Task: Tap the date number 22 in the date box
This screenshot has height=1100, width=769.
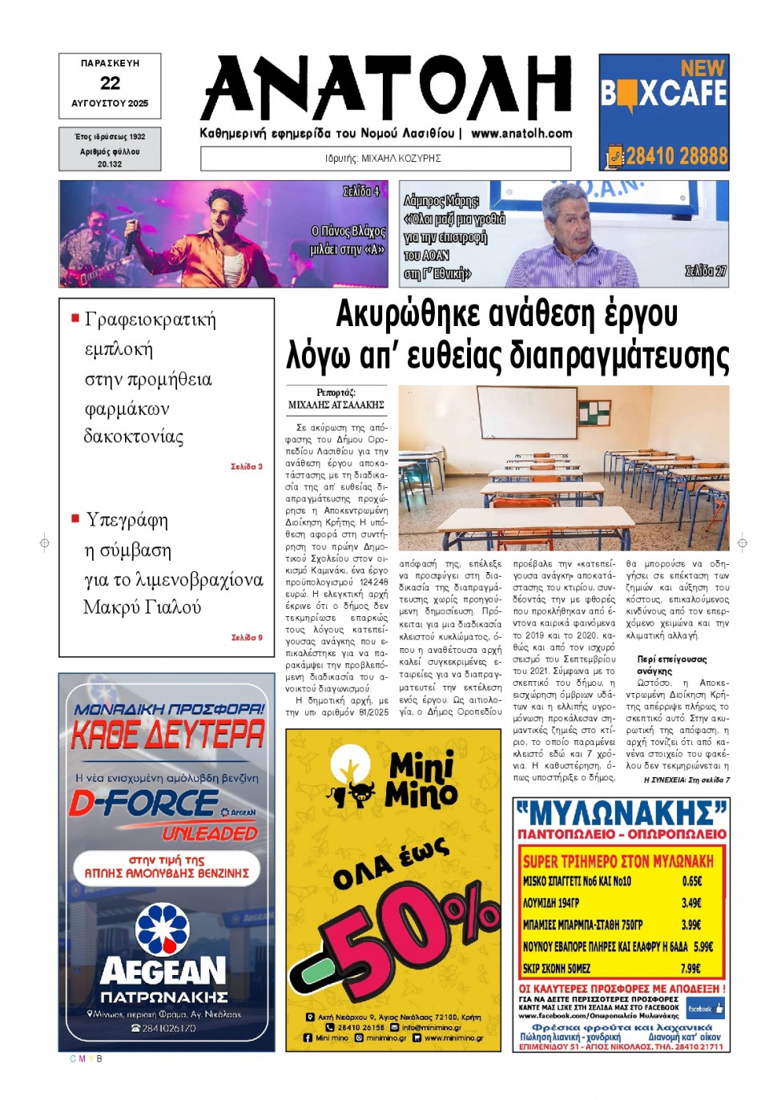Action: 110,83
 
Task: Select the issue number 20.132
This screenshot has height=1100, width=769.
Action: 110,164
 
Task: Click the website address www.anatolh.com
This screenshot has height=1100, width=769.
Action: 521,134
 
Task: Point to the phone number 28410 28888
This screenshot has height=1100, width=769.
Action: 676,155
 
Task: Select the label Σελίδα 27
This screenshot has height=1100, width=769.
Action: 705,272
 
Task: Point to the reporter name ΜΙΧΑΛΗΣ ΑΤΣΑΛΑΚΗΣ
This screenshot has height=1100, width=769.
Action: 336,405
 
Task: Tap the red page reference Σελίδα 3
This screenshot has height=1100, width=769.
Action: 246,466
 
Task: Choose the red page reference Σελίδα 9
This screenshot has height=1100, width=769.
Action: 246,638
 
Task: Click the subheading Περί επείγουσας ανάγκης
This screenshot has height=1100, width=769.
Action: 671,664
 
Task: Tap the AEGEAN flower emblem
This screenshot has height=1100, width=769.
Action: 163,929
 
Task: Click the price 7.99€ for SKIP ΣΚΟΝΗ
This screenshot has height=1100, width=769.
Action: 690,968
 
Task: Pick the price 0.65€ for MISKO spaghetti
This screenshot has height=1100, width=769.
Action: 691,880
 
